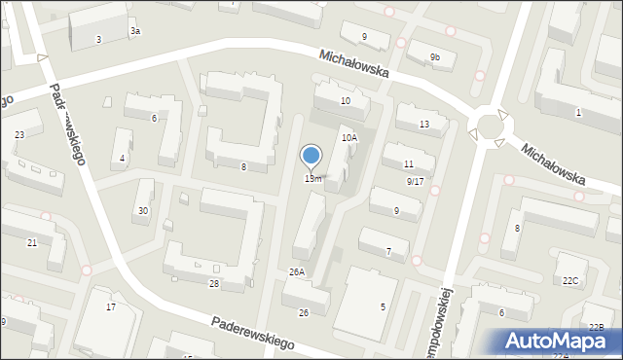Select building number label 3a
pos(135,31)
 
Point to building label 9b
pos(434,58)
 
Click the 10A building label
pos(348,138)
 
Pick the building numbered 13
pos(423,125)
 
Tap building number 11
pos(408,163)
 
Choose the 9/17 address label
pos(415,181)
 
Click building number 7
pos(388,252)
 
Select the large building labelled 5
pos(383,306)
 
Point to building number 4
pos(122,159)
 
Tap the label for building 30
pos(143,211)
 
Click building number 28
pos(213,284)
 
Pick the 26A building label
pos(296,272)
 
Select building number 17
pos(111,307)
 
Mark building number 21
pos(32,242)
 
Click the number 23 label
pos(19,135)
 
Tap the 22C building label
pos(570,281)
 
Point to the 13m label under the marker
pos(312,179)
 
